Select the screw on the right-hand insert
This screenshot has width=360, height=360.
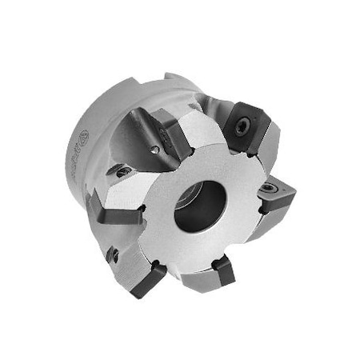coord(269,190)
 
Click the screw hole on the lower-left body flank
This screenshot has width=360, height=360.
coord(114,254)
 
